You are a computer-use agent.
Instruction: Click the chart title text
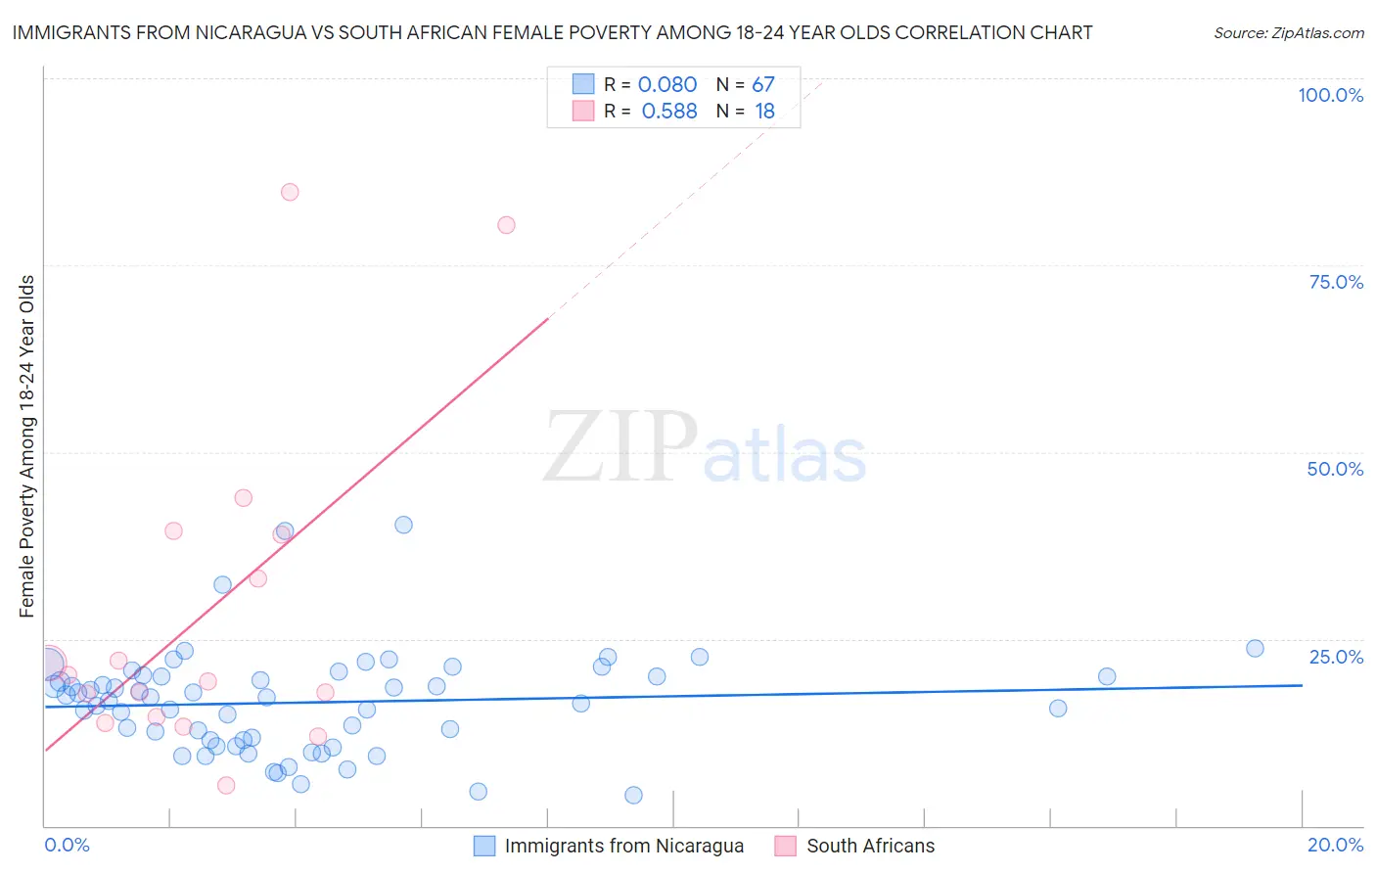point(552,32)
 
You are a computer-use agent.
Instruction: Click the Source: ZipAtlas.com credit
point(1288,32)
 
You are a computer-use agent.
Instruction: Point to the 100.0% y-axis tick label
point(1330,95)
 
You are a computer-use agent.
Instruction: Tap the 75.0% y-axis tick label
point(1336,282)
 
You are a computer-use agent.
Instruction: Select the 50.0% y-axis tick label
point(1335,469)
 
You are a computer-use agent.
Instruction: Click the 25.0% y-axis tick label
point(1336,657)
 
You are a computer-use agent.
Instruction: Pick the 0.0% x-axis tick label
point(67,845)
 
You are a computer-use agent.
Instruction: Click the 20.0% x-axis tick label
point(1335,845)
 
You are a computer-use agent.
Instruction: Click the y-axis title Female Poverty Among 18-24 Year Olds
point(27,446)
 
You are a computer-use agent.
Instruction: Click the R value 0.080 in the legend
point(667,85)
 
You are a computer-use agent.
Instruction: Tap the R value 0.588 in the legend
point(669,112)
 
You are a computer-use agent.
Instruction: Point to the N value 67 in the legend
point(763,85)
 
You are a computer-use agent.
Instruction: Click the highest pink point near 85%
point(290,192)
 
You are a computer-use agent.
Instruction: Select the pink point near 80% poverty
point(506,225)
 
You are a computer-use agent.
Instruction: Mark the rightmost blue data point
point(1255,648)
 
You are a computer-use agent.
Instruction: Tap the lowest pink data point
point(226,785)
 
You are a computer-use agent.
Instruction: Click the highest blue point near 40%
point(403,525)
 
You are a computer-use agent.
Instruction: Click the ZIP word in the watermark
point(619,447)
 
